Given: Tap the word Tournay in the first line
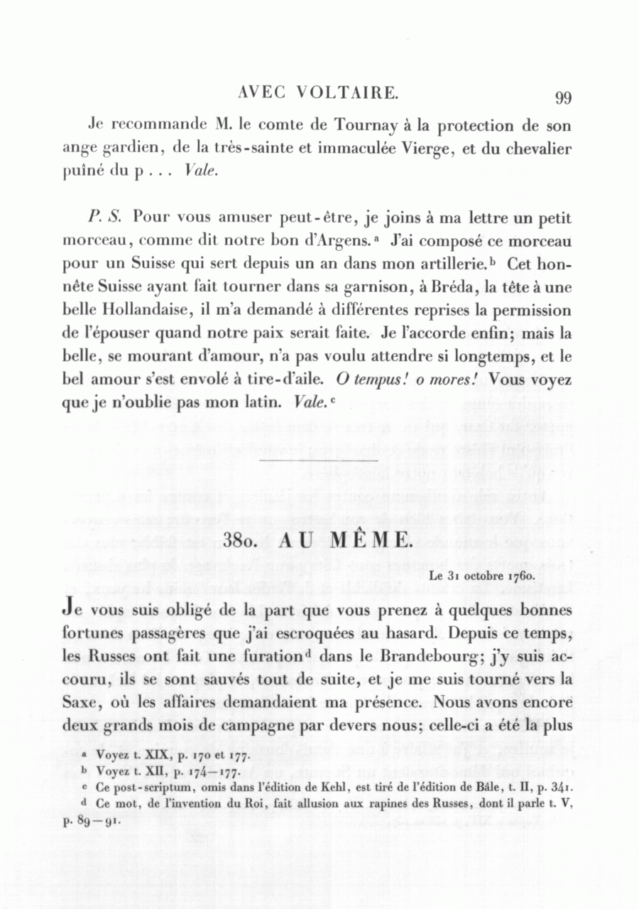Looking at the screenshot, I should click(x=365, y=126).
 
